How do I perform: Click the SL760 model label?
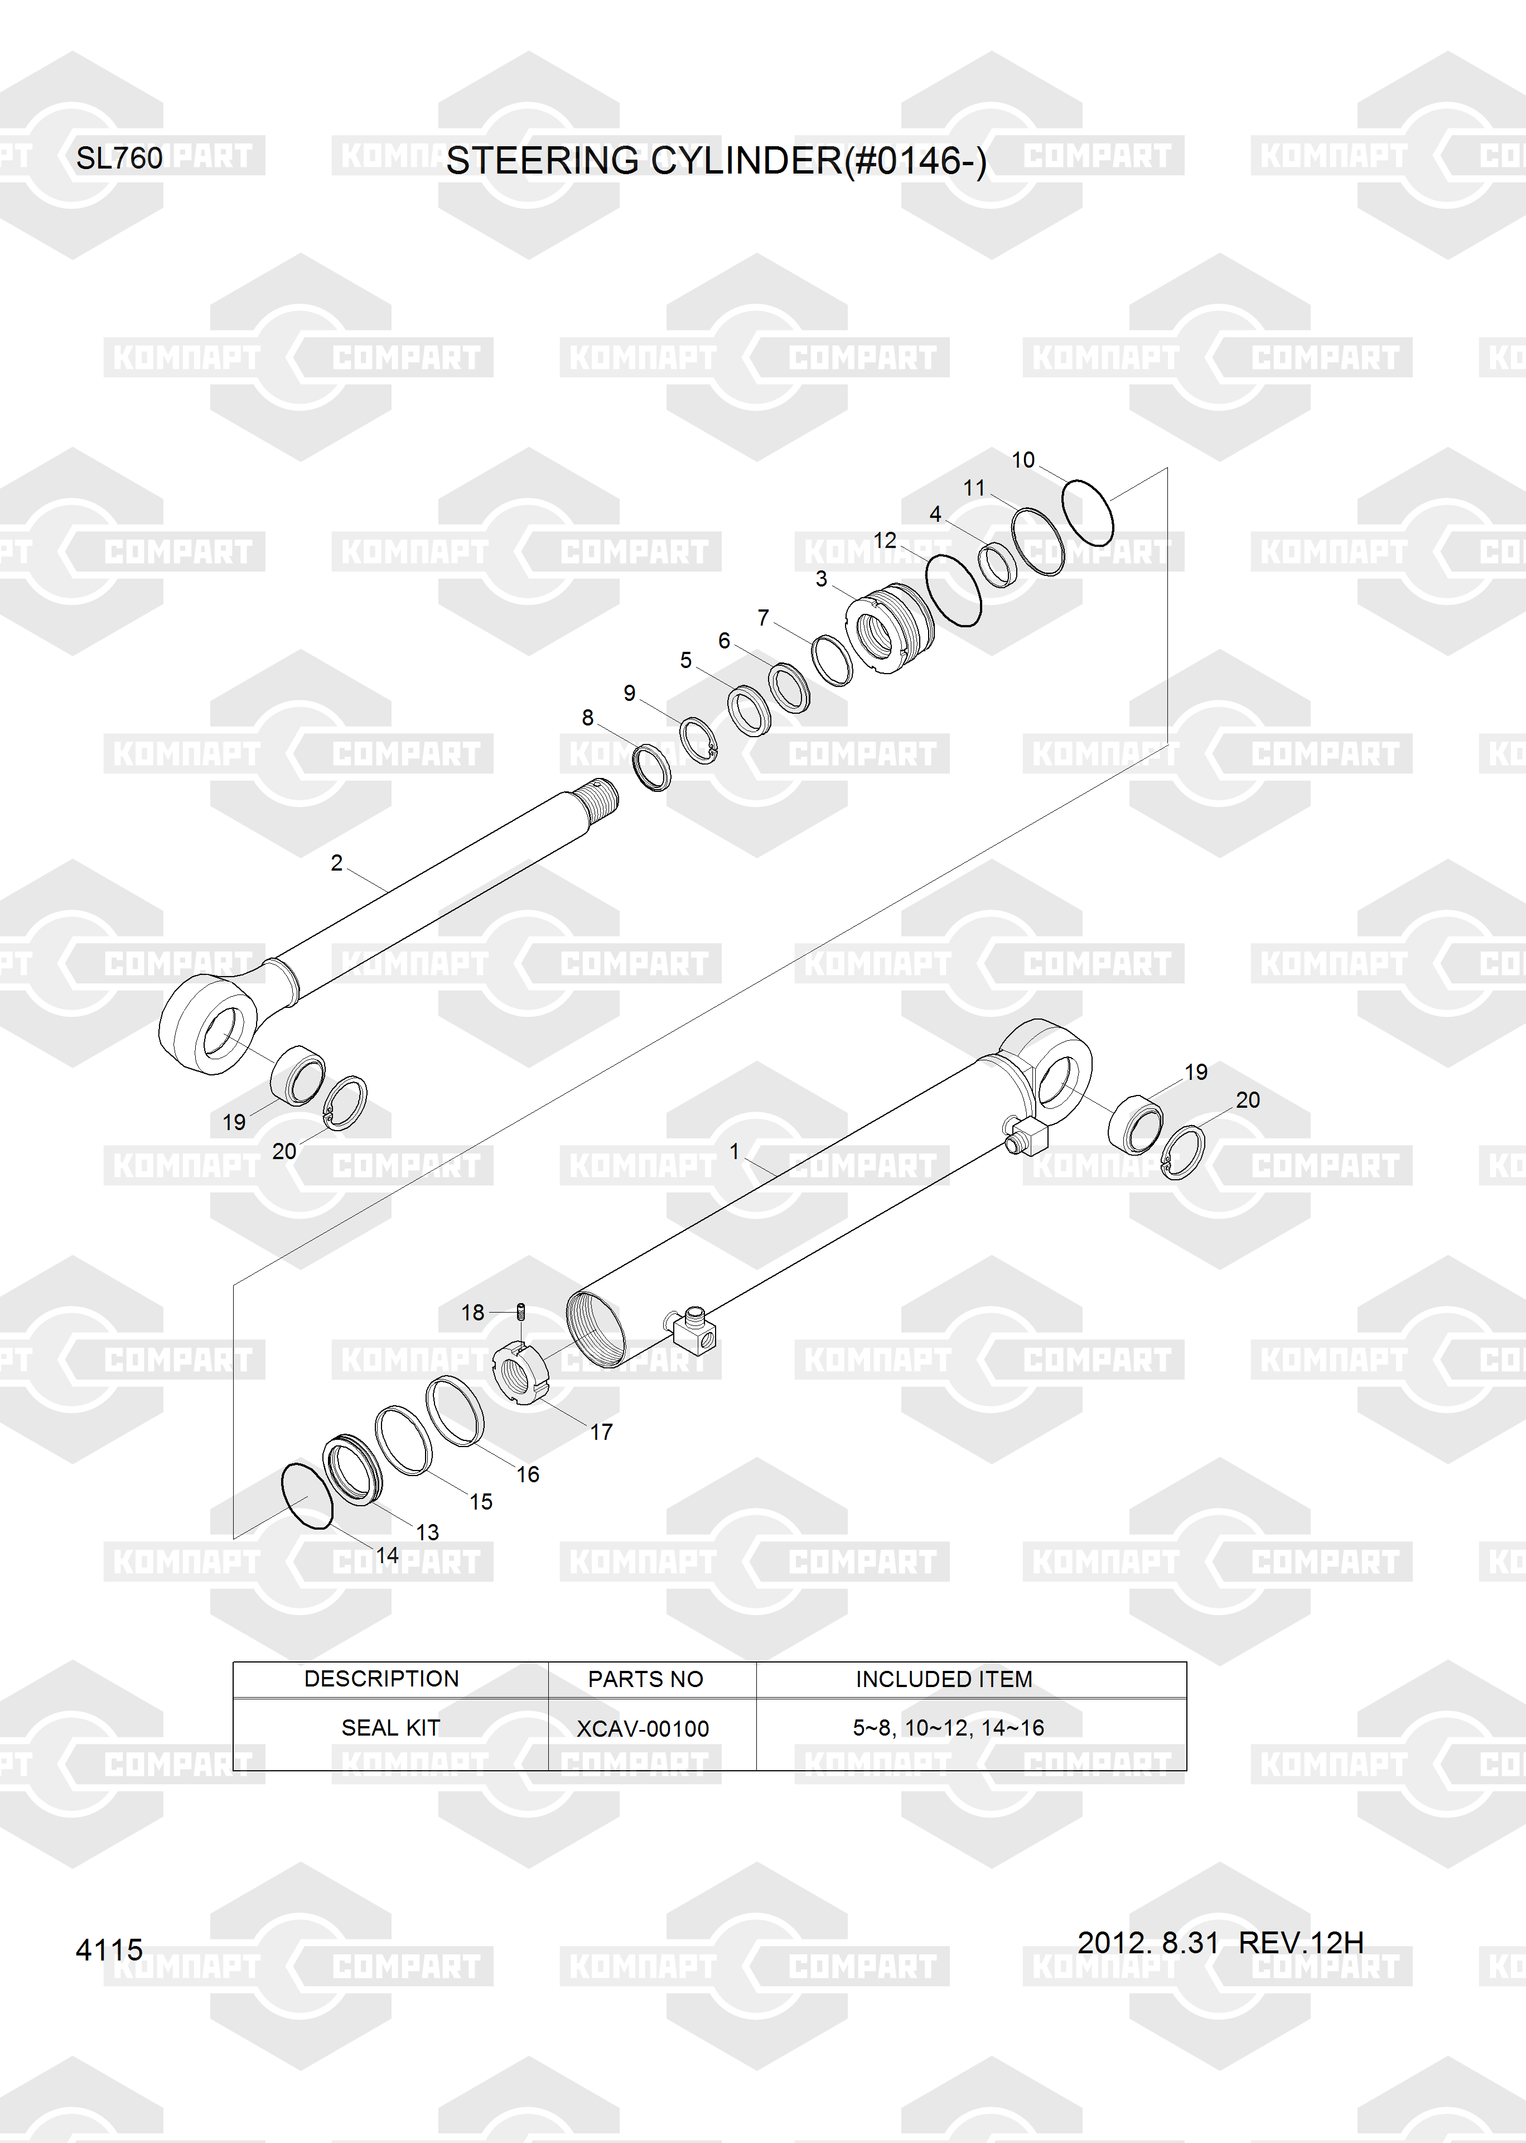coord(119,158)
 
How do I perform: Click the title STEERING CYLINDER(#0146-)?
coord(716,161)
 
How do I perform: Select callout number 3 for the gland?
coord(821,579)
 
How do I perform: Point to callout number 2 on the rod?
coord(336,863)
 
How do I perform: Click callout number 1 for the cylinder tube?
coord(734,1151)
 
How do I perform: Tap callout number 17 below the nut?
coord(601,1433)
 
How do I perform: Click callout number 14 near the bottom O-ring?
coord(387,1555)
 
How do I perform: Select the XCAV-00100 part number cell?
coord(643,1728)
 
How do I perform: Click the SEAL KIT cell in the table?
coord(390,1728)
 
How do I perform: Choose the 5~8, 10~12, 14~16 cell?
coord(948,1728)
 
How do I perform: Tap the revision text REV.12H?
coord(1301,1942)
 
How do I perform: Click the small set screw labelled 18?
coord(521,1311)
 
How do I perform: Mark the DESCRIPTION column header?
coord(381,1679)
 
